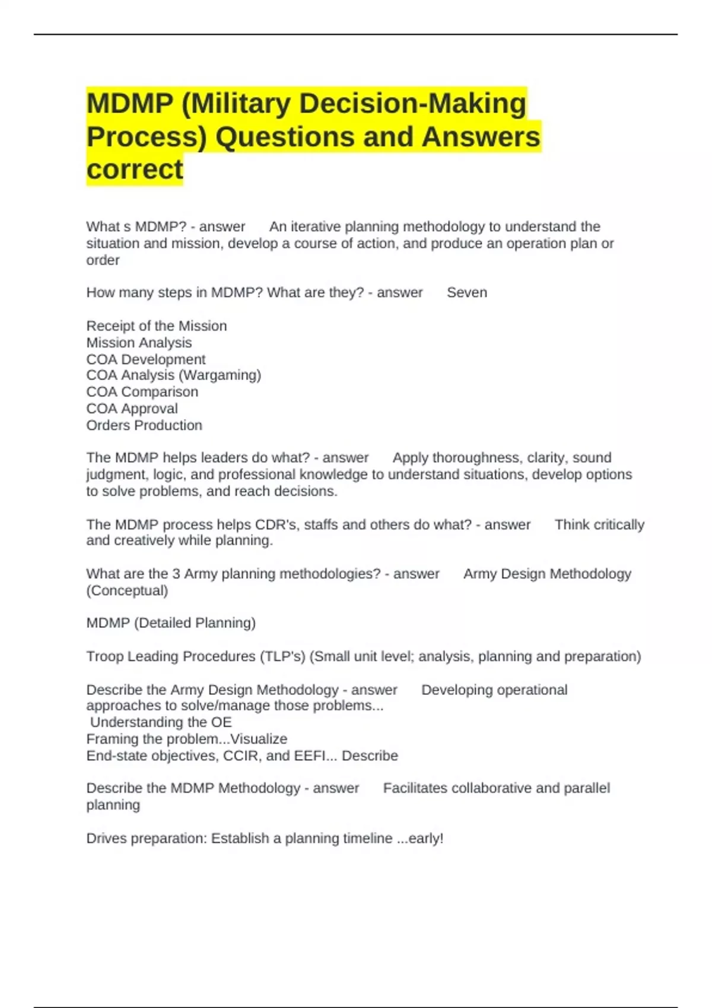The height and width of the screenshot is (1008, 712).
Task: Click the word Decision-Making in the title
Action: point(412,103)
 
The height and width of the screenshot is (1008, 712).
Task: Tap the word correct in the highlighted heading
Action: point(135,169)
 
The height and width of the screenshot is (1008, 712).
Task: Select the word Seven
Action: point(466,292)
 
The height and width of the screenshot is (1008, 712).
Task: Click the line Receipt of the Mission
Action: point(157,326)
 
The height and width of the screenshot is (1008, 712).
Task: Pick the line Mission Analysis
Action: point(139,342)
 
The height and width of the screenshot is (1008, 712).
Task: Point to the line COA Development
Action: point(146,359)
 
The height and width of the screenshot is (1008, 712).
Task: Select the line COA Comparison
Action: point(142,392)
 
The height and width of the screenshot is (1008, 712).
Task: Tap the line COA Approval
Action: point(132,409)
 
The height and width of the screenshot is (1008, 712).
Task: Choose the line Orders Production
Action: point(144,425)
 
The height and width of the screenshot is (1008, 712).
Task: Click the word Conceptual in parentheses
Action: point(127,591)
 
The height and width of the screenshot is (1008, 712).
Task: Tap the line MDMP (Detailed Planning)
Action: point(171,623)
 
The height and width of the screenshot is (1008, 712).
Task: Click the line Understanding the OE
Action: point(161,722)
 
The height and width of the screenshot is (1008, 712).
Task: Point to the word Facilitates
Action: point(419,788)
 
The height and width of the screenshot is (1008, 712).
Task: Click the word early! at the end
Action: point(426,838)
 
